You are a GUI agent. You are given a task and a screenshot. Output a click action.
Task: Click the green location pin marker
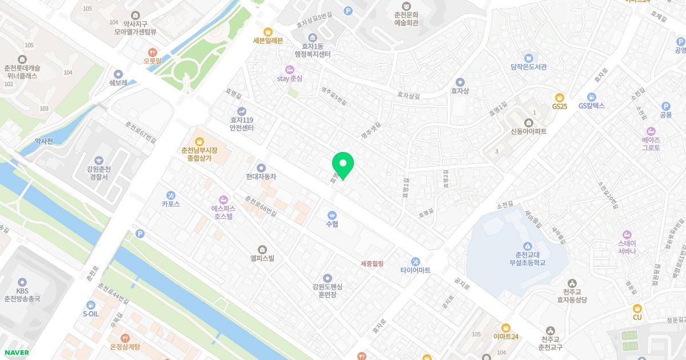point(343,165)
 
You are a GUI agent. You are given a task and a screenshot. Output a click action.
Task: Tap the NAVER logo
point(15,353)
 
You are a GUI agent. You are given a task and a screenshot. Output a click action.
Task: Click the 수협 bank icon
point(332,215)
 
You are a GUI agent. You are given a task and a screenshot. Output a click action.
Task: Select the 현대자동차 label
point(261,177)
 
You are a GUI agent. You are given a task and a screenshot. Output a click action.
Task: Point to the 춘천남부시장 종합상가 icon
point(199,141)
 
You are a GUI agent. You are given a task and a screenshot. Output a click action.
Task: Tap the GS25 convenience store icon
point(559,97)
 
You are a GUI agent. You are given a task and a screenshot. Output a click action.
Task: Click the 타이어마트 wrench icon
point(416,261)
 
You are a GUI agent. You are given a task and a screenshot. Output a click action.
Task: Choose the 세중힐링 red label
point(372,263)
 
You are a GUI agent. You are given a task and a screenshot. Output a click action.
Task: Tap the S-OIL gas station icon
point(91,305)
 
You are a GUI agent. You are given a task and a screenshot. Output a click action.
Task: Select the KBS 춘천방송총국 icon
point(22,282)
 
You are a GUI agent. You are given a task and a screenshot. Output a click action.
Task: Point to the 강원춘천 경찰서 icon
point(98,160)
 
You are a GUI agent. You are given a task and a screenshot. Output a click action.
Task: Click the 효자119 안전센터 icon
point(242,111)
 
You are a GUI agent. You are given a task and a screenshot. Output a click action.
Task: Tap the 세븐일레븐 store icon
point(268,31)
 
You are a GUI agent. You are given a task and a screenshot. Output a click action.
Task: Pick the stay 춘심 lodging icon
point(289,69)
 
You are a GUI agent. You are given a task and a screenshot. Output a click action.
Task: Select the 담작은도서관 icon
point(528,58)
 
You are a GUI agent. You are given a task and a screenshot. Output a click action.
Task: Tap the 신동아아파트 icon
point(528,122)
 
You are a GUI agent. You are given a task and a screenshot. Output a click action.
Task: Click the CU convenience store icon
point(637,308)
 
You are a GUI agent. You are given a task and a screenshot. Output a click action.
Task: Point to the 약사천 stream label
point(43,141)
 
